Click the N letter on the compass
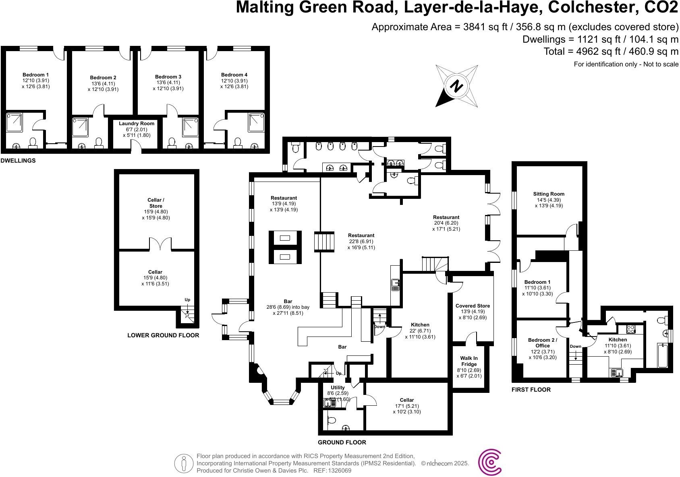coord(456,86)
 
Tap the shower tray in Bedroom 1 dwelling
coord(15,122)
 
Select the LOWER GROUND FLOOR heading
coord(163,335)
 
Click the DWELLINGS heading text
coord(18,161)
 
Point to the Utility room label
coord(338,388)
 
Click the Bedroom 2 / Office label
coord(542,343)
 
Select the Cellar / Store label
coord(156,203)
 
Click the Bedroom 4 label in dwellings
coord(234,75)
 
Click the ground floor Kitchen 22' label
coord(420,325)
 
